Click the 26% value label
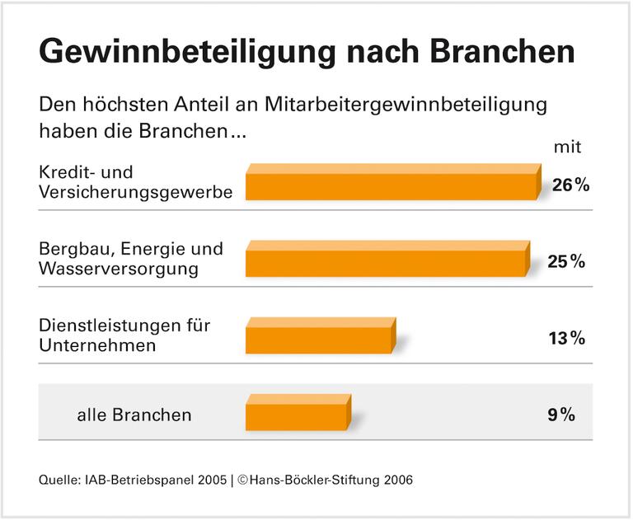click(x=570, y=185)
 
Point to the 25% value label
click(x=566, y=262)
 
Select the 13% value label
click(x=566, y=338)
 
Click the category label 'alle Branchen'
click(x=134, y=415)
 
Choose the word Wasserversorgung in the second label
click(x=119, y=269)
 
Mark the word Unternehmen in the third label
click(x=97, y=345)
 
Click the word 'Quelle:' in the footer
click(x=57, y=480)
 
